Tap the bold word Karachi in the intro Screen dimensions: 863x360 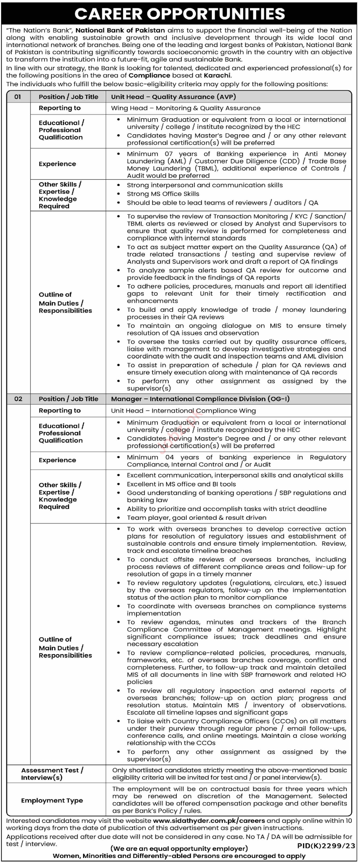click(217, 75)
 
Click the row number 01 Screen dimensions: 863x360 click(18, 97)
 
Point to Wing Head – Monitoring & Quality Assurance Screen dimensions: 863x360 click(186, 108)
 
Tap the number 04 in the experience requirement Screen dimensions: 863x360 click(170, 457)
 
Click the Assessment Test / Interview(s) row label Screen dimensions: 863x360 click(52, 774)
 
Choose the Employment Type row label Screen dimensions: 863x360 click(52, 800)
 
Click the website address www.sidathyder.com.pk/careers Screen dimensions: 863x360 click(209, 821)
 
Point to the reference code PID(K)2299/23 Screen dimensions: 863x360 click(326, 846)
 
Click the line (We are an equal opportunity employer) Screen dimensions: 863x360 click(179, 849)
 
